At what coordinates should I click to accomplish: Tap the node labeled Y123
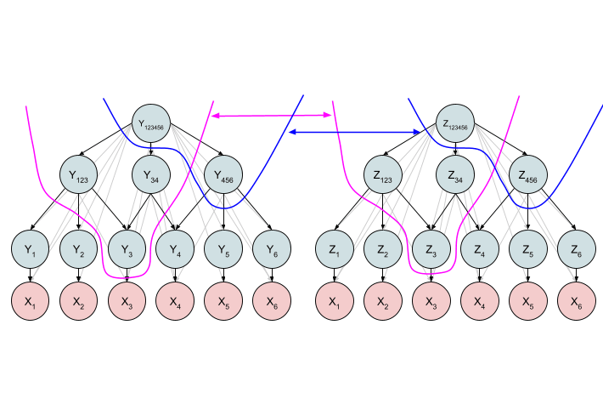tap(79, 177)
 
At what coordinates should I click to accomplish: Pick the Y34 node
tap(151, 177)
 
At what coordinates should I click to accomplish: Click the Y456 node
tap(224, 177)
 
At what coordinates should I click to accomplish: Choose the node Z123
tap(384, 177)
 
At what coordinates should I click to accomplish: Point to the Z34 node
tap(457, 177)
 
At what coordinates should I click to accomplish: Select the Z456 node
tap(529, 177)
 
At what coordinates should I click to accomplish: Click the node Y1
tap(31, 249)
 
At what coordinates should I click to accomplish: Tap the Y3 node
tap(127, 249)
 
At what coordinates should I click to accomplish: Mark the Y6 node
tap(272, 249)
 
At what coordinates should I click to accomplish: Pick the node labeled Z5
tap(529, 249)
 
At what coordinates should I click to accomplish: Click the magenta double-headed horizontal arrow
tap(271, 115)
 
